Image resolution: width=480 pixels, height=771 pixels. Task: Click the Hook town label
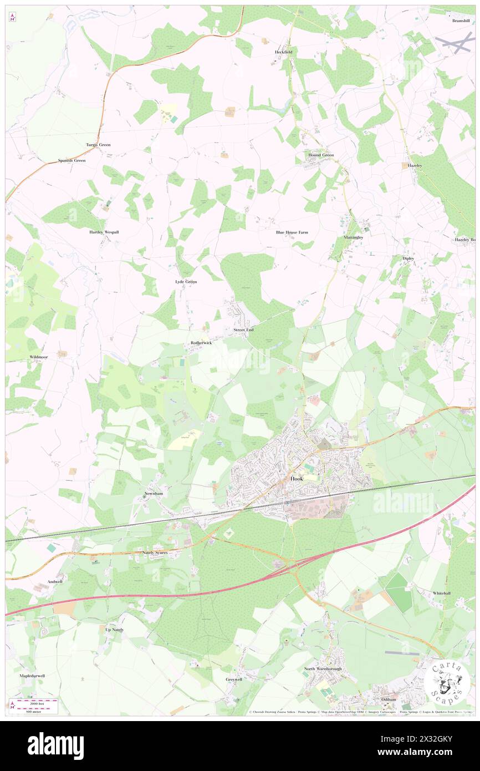click(297, 479)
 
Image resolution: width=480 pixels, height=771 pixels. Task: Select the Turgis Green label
click(98, 145)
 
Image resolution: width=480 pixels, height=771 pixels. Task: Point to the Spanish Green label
click(72, 161)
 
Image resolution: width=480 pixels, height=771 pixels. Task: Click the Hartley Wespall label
click(104, 232)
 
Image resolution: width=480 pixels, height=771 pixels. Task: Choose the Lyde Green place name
click(186, 282)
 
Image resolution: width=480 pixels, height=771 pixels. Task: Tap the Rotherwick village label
click(201, 343)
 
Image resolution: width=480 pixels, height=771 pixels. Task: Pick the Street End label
click(243, 330)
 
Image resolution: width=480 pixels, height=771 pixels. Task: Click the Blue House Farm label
click(292, 232)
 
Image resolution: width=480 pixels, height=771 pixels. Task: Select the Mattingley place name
click(353, 237)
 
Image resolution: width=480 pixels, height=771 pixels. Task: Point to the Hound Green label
click(321, 155)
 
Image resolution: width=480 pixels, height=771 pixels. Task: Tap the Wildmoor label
click(39, 358)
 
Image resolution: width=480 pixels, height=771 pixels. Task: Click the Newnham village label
click(152, 493)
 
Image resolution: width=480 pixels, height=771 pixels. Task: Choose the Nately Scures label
click(155, 553)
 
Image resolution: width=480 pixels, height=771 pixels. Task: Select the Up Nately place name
click(114, 630)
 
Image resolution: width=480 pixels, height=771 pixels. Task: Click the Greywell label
click(234, 679)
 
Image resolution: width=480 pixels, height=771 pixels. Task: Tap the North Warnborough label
click(323, 669)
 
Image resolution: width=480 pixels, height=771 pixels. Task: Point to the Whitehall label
click(442, 593)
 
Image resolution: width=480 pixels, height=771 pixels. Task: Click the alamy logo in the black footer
click(55, 745)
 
